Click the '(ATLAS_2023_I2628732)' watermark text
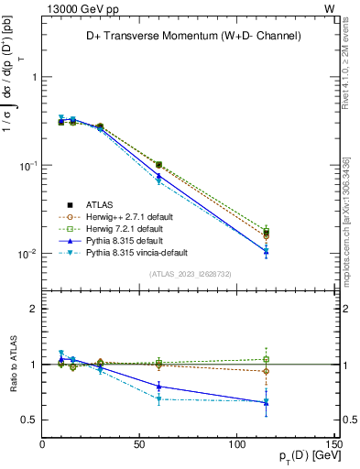tap(190, 274)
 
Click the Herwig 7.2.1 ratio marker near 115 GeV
tap(266, 359)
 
